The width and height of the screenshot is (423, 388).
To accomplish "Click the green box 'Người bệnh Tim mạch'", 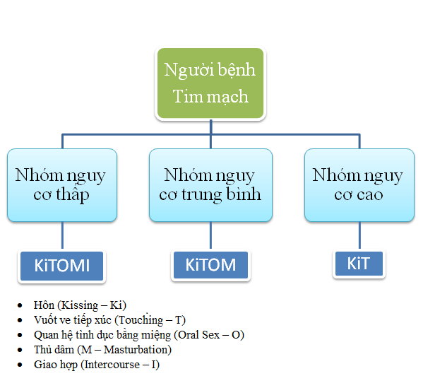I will (210, 83).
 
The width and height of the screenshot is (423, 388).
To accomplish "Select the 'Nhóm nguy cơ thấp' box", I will (61, 184).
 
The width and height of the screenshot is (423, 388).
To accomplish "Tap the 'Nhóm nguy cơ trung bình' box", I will (210, 184).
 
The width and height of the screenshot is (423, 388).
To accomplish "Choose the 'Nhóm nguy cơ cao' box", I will (359, 184).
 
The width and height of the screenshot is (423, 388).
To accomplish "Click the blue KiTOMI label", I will (61, 266).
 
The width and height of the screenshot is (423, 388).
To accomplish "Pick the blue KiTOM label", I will (210, 265).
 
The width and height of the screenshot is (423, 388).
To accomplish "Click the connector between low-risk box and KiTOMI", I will (62, 236).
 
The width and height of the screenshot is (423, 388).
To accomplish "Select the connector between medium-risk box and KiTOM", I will (210, 236).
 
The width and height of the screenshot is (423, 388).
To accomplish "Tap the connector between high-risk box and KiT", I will (359, 236).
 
